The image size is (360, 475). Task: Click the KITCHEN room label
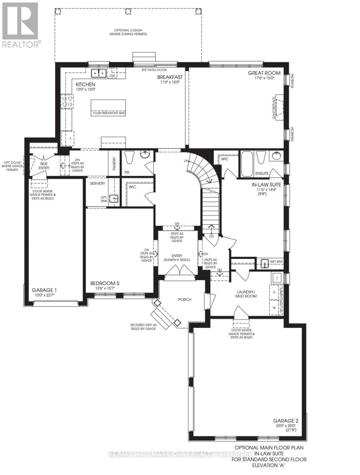86,85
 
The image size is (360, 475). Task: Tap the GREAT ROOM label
264,73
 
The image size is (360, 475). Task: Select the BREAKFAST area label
170,77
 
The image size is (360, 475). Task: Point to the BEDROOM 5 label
105,283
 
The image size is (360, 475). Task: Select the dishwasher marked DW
112,75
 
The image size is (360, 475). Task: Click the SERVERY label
97,184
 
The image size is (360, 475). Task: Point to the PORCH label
185,299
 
